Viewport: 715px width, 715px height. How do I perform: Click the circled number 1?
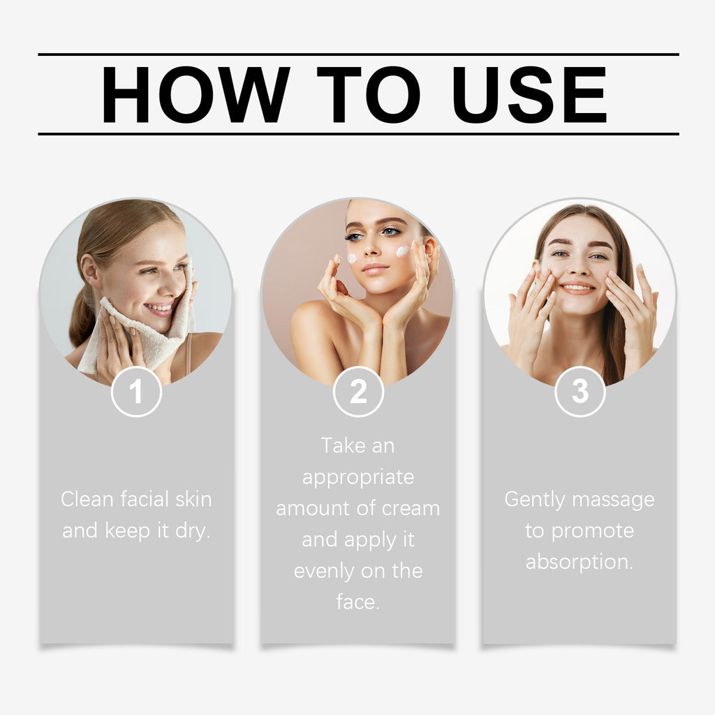[x=136, y=392]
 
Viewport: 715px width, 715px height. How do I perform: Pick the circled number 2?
[x=358, y=392]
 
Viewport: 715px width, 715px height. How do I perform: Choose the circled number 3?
[x=580, y=392]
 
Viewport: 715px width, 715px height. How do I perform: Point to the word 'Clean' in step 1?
[x=87, y=499]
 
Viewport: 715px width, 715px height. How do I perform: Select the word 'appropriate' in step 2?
[x=358, y=477]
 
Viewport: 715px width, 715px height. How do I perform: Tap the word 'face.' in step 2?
[x=358, y=601]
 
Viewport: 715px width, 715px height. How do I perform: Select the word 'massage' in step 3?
[x=615, y=499]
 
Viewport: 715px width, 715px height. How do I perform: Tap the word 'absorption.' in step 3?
[x=580, y=561]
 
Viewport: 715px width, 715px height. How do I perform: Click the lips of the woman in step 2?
[x=375, y=268]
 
